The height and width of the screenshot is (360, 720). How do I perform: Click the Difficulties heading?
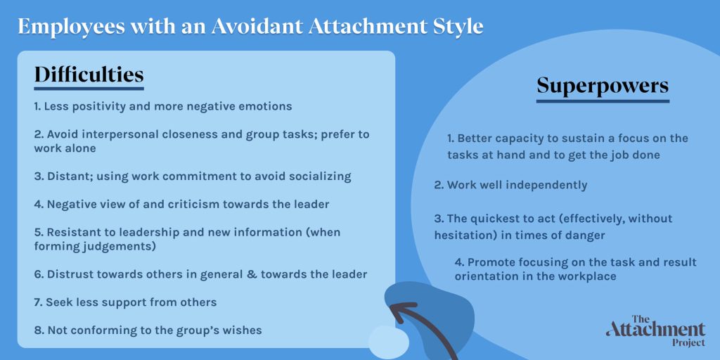coord(89,75)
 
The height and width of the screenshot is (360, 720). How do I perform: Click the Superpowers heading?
coord(603,86)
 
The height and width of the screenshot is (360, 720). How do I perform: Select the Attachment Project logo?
coord(655,330)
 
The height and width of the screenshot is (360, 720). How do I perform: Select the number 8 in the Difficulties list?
coord(37,330)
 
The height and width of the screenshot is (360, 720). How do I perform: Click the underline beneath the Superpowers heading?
coord(603,101)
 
